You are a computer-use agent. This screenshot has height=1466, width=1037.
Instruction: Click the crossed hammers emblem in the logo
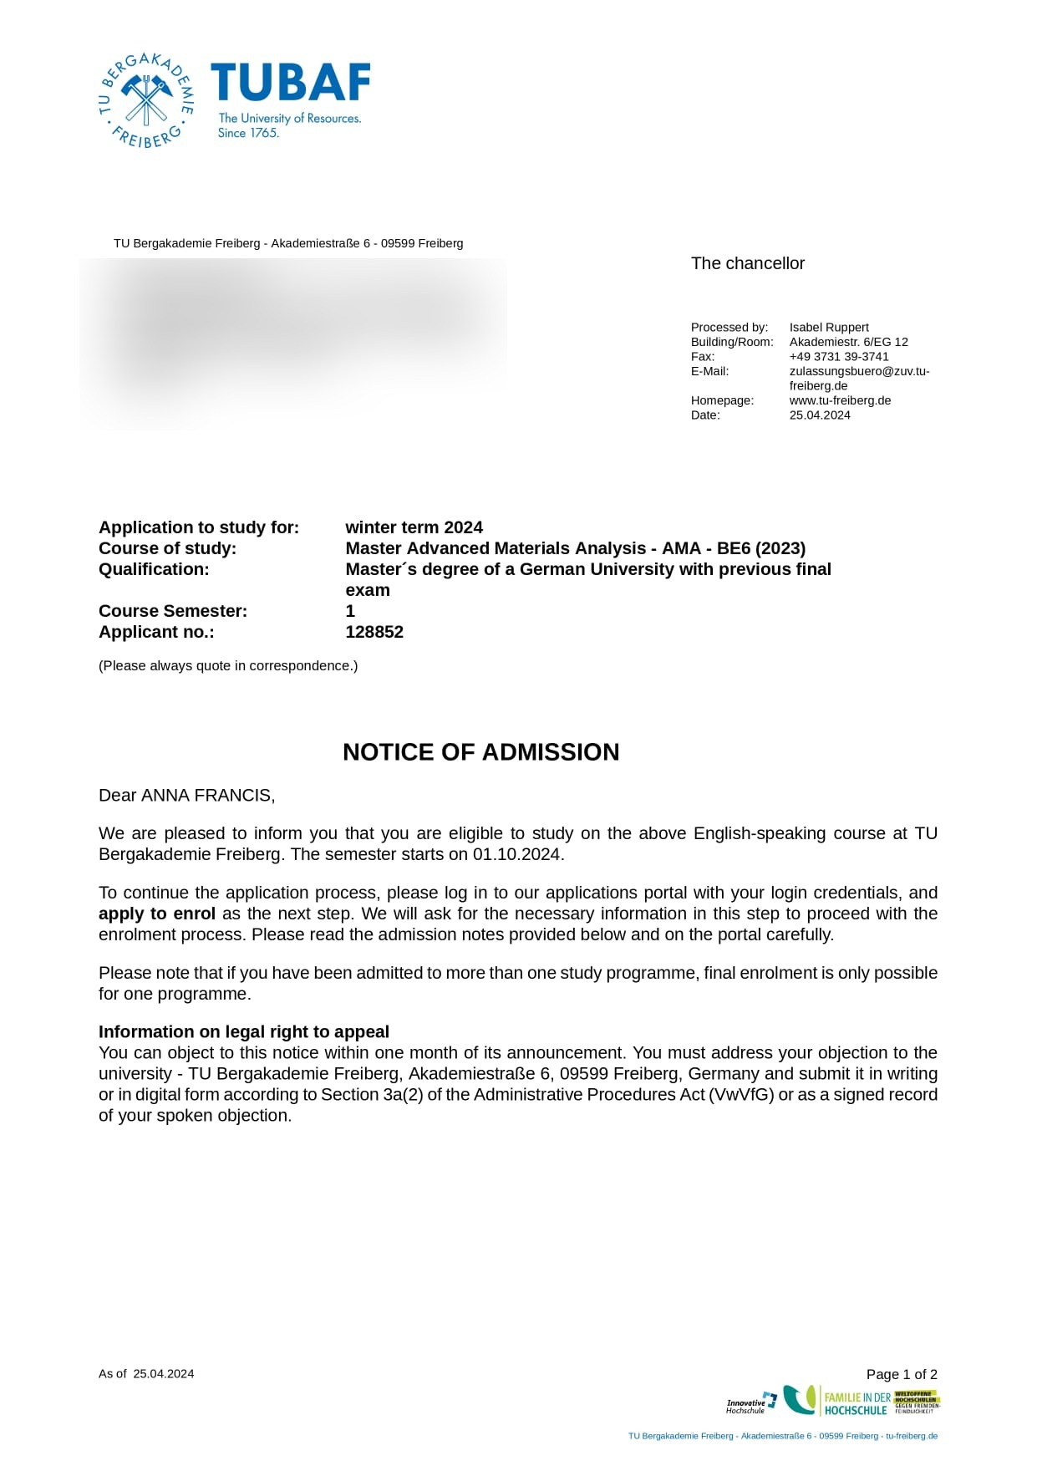(x=147, y=99)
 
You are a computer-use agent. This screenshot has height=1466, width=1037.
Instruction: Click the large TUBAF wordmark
(x=290, y=83)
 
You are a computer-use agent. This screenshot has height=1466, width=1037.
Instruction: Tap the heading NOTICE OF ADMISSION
(x=480, y=752)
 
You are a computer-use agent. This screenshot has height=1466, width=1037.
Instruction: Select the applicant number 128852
(x=374, y=632)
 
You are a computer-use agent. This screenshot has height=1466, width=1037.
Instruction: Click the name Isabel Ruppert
(x=829, y=328)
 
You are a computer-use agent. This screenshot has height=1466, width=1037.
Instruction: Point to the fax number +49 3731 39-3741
(x=839, y=357)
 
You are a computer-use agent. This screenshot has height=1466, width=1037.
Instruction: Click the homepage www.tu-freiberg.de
(x=840, y=400)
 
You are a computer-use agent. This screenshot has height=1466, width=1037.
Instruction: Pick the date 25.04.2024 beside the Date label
(x=820, y=415)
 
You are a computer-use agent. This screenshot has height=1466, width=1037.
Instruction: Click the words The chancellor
(x=747, y=263)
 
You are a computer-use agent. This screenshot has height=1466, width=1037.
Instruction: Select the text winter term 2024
(x=414, y=527)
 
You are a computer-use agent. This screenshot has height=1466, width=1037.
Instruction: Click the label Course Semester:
(x=173, y=611)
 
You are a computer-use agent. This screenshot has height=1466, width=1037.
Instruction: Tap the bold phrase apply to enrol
(x=157, y=914)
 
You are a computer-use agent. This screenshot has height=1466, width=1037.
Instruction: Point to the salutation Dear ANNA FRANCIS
(x=186, y=796)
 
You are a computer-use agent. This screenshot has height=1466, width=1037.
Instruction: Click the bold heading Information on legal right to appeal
(x=244, y=1031)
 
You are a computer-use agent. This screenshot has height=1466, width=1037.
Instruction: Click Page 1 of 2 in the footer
(x=902, y=1374)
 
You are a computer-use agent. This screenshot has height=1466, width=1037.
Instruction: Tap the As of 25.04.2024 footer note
(x=146, y=1373)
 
